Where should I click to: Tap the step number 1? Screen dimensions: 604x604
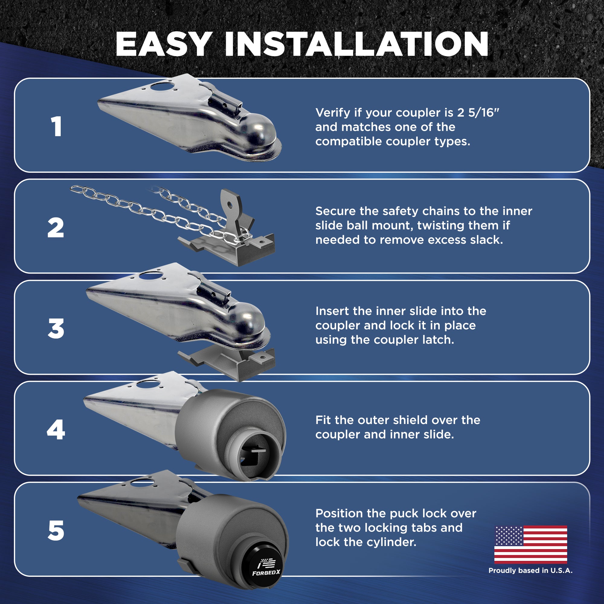tap(56, 127)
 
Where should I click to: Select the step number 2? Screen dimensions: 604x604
tap(56, 228)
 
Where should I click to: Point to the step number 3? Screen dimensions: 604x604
tap(56, 329)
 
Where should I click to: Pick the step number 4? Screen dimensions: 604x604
tap(56, 430)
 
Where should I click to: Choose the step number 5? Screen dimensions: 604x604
tap(56, 531)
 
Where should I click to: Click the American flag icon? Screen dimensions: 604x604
tap(531, 545)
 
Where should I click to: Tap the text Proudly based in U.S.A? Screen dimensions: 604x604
tap(531, 570)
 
